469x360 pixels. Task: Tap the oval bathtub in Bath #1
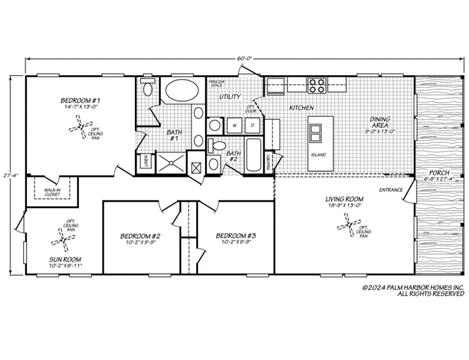(181, 92)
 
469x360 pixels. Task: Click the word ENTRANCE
(391, 190)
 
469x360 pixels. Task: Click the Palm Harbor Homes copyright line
(412, 287)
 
